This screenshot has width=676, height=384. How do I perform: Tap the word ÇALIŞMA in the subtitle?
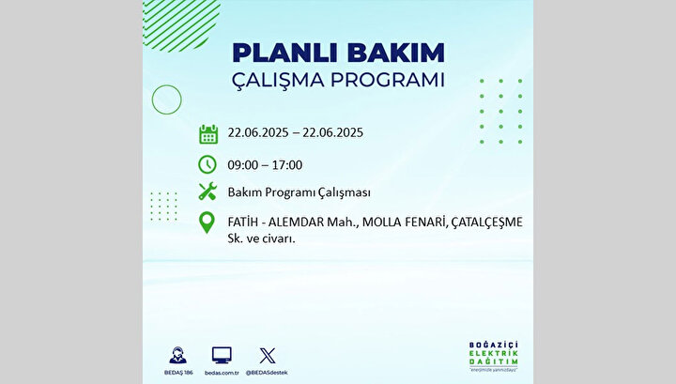[x=278, y=80]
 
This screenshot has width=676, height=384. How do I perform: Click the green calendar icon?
[x=208, y=134]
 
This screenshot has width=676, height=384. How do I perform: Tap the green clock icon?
[x=207, y=164]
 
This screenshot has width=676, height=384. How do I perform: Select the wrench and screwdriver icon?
[x=207, y=191]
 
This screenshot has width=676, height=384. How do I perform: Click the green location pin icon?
[x=207, y=223]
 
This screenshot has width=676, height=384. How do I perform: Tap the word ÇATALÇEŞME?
[x=487, y=223]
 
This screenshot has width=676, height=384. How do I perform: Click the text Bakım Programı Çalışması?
[x=299, y=192]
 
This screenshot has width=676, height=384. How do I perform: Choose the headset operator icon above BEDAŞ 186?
[x=177, y=356]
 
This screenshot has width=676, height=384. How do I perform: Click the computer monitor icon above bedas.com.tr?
[x=222, y=356]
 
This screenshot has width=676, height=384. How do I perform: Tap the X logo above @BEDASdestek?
[x=268, y=356]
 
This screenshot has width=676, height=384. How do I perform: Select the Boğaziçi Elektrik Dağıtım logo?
[x=494, y=356]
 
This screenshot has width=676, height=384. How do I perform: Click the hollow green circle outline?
[x=167, y=84]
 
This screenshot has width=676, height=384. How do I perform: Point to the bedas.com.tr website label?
[x=222, y=373]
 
